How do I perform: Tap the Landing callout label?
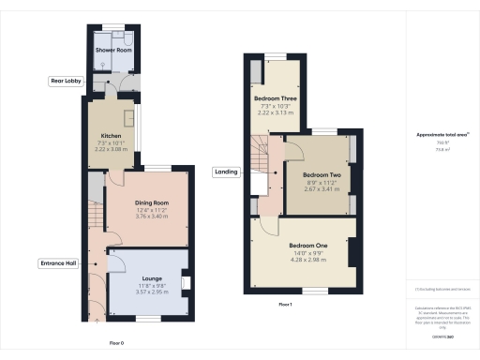pyautogui.click(x=226, y=172)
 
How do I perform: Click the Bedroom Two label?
pyautogui.click(x=322, y=174)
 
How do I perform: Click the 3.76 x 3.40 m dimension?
pyautogui.click(x=151, y=217)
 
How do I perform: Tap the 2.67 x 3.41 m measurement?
pyautogui.click(x=322, y=188)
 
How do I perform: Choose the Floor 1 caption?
pyautogui.click(x=285, y=306)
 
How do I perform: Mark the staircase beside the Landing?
pyautogui.click(x=262, y=155)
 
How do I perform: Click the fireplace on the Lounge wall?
pyautogui.click(x=186, y=280)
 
